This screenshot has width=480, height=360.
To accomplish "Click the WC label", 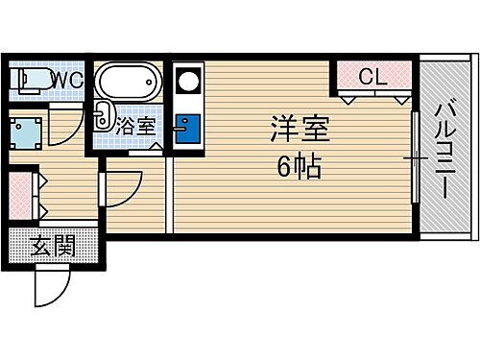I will coord(67,80).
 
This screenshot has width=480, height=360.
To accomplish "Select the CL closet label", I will coord(374,76).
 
